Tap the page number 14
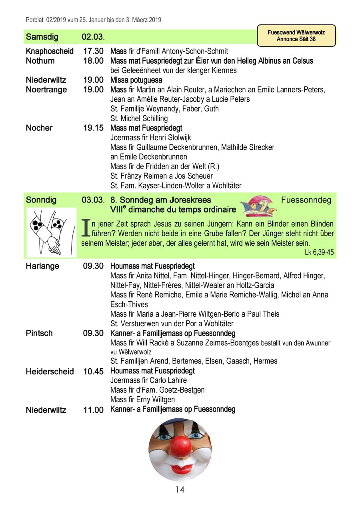tap(180, 490)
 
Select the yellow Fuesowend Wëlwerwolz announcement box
tap(296, 36)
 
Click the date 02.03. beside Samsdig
tap(93, 37)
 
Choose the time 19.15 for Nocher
tap(93, 128)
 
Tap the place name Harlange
tap(42, 266)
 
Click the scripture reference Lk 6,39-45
tap(319, 253)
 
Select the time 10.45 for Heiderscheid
tap(93, 371)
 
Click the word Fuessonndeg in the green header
tap(306, 200)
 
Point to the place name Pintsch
tap(39, 333)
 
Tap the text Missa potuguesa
tap(136, 80)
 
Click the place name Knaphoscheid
tap(50, 51)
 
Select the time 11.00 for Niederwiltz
tap(93, 410)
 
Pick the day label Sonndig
tap(41, 200)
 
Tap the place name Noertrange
tap(46, 90)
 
